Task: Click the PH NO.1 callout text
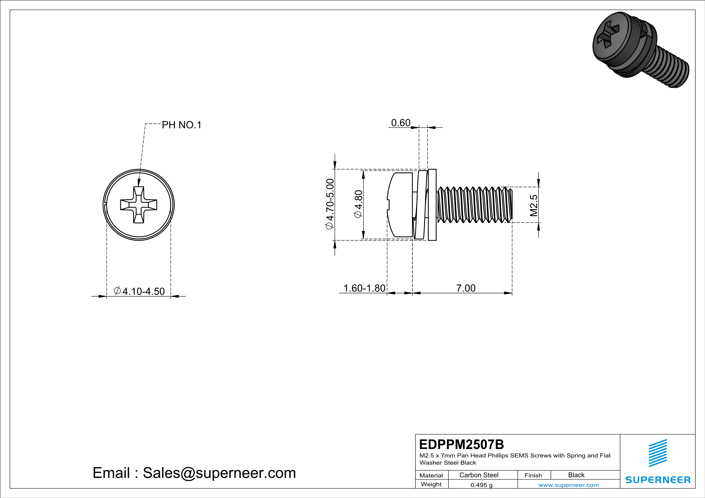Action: [182, 125]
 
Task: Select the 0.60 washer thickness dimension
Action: [400, 123]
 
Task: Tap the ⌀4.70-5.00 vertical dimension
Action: [330, 204]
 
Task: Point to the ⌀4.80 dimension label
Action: [359, 204]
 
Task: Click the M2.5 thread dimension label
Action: [534, 205]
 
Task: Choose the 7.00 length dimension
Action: [466, 288]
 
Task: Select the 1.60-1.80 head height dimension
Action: [364, 288]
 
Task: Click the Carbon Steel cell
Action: [479, 475]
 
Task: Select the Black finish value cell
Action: [576, 475]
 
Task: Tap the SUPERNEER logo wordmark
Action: [658, 480]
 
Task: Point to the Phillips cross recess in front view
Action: [139, 205]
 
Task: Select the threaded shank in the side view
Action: [474, 205]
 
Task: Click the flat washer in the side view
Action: [432, 205]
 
